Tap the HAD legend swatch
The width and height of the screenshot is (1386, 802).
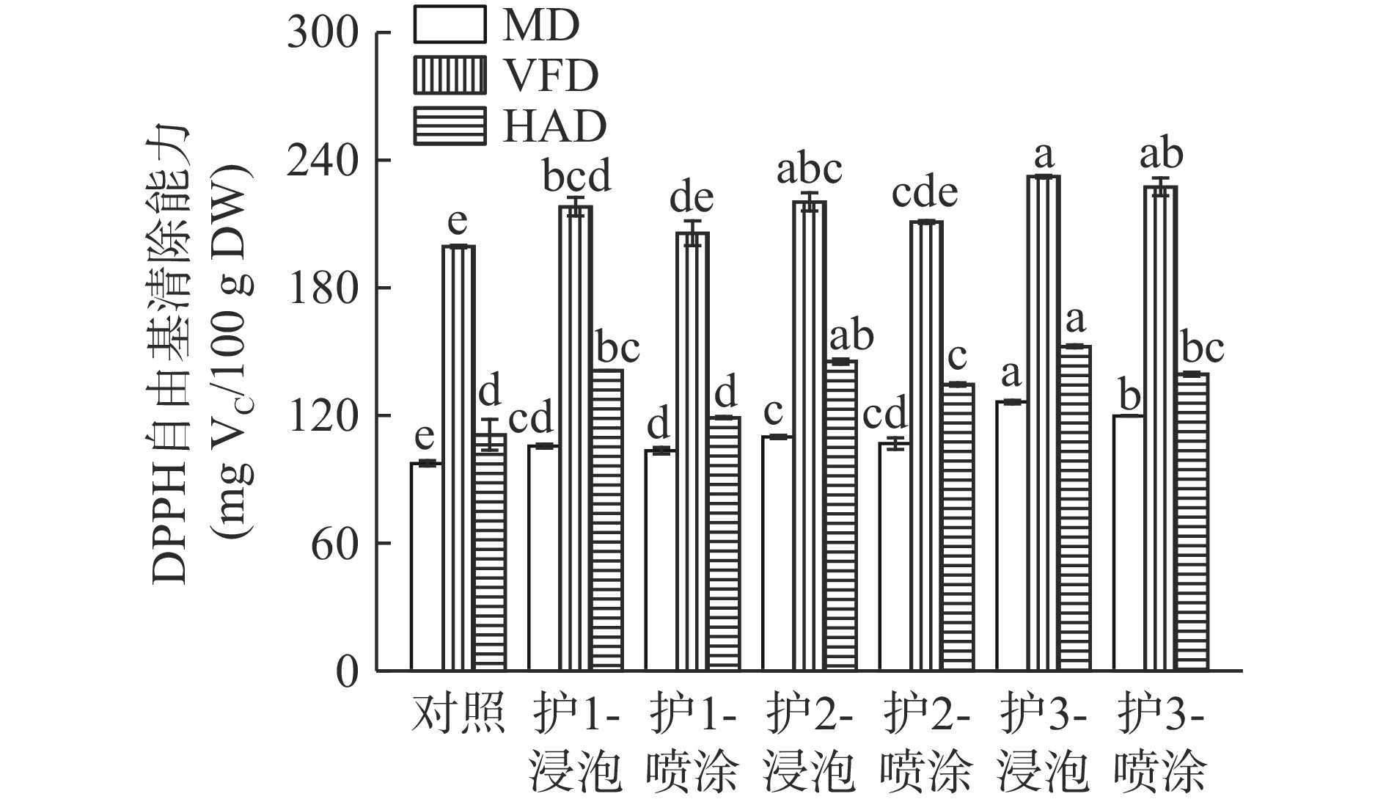[449, 125]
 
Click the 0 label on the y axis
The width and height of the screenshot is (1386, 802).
[348, 671]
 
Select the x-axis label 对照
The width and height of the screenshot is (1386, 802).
[458, 713]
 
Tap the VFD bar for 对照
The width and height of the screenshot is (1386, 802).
[458, 458]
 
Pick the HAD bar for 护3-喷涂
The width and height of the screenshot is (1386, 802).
[1192, 522]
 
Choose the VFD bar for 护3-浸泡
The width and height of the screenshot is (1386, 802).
[1044, 423]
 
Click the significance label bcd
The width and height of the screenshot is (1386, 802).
[576, 177]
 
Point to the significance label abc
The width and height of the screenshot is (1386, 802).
[810, 170]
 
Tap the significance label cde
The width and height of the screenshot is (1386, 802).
[925, 193]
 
